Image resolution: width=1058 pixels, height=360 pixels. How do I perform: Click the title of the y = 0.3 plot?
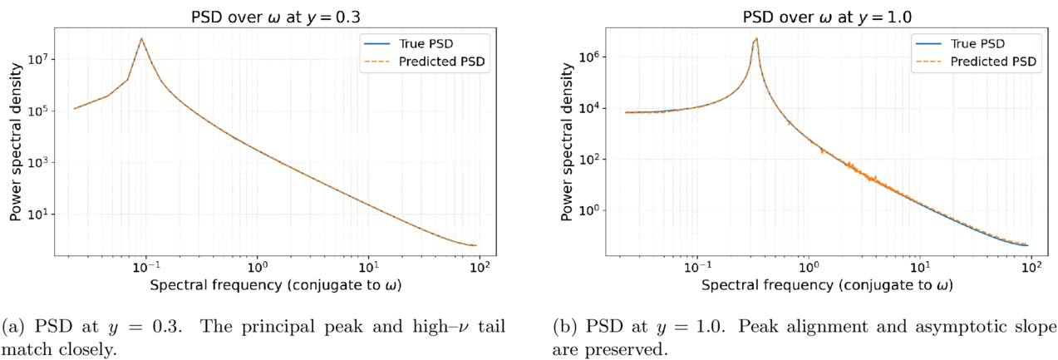[x=275, y=17]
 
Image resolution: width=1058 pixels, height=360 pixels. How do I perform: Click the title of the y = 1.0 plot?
[x=827, y=17]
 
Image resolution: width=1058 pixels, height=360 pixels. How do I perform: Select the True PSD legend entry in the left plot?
[x=409, y=43]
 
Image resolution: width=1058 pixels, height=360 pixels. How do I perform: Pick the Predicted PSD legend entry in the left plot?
[x=424, y=62]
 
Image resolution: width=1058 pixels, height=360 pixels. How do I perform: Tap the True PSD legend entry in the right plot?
[x=960, y=43]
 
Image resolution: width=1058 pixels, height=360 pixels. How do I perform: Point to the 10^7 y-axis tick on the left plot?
[x=38, y=59]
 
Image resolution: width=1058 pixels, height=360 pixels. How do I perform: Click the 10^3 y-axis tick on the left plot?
[x=38, y=162]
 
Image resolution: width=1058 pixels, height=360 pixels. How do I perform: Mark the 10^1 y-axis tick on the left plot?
[x=38, y=214]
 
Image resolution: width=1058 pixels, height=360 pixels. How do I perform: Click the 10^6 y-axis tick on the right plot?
[x=589, y=57]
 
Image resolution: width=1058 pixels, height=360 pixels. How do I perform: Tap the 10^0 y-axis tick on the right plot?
[x=589, y=210]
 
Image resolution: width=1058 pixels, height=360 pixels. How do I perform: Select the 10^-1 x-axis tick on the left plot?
[x=146, y=268]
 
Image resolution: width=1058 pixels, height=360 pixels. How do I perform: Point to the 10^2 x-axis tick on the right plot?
[x=1031, y=268]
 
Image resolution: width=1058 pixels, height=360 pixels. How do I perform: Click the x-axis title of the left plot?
[x=276, y=285]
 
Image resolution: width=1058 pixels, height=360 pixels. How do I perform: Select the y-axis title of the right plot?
[x=566, y=141]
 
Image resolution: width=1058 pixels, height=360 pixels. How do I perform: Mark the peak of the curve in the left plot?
[x=141, y=38]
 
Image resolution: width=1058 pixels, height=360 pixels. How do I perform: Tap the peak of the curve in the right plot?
[x=756, y=38]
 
